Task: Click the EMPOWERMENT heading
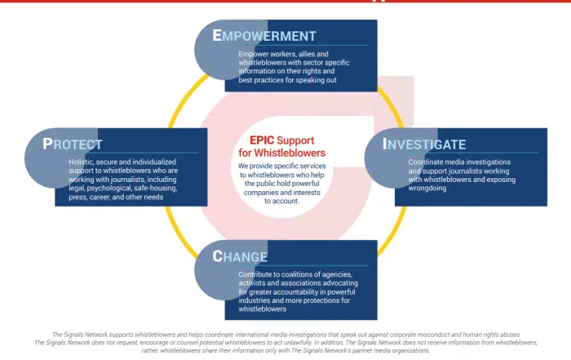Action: (264, 36)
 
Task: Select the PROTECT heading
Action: (73, 144)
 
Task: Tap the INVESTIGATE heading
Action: (425, 145)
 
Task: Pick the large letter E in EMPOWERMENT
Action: (218, 35)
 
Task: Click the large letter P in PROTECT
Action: (49, 144)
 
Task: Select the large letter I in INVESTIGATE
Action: (387, 144)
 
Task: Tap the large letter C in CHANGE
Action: (218, 256)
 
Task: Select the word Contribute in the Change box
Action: (257, 274)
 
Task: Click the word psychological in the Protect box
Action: (113, 188)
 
